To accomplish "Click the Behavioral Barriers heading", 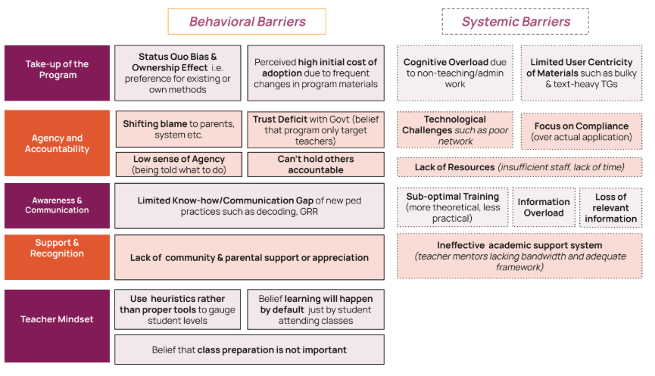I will [247, 21].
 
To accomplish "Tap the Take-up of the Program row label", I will [57, 70].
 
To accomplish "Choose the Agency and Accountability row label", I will [57, 144].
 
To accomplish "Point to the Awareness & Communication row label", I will [57, 205].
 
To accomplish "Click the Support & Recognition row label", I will [57, 248].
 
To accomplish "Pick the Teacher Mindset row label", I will [57, 319].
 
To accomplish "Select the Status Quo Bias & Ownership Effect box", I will [178, 73].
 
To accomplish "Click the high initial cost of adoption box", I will [315, 73].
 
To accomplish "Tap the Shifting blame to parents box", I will [178, 129].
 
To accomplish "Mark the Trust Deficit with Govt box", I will [315, 129].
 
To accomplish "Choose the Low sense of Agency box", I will [178, 164].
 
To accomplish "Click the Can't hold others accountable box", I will [315, 164].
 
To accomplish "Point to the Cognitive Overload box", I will [455, 73].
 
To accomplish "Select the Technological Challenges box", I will [455, 130].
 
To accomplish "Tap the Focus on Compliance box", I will [581, 131].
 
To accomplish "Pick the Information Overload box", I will [544, 207].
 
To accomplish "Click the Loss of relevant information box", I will [610, 207].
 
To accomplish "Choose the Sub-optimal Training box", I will [451, 207].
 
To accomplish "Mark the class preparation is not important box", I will [249, 350].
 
